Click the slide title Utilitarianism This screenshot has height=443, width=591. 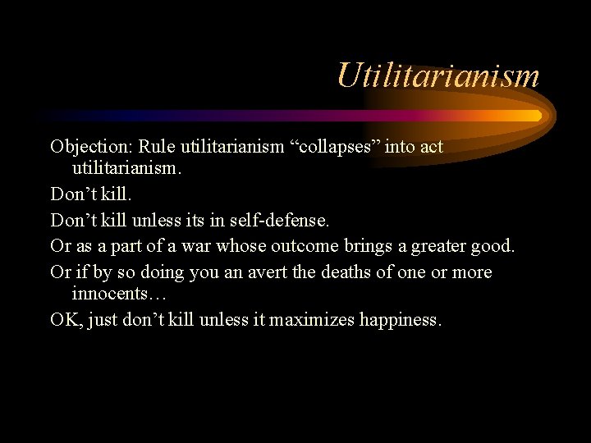coord(438,75)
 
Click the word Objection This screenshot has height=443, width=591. coord(90,148)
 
